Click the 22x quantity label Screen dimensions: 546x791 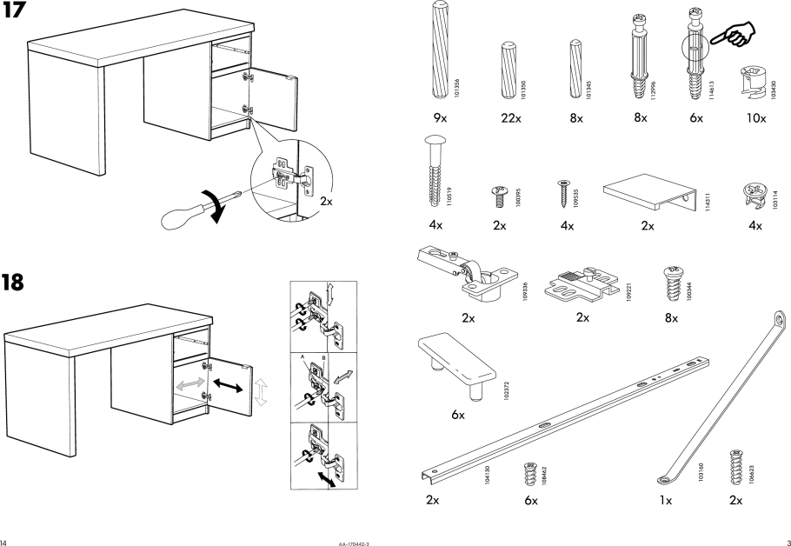coord(511,117)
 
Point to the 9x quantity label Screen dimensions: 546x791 coord(440,117)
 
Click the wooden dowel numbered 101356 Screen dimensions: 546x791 coord(438,51)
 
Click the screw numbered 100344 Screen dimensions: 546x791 coord(670,281)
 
